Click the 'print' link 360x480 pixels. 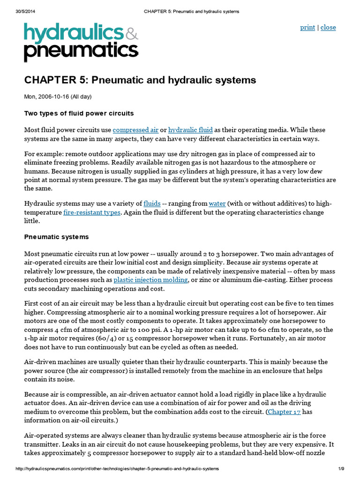pyautogui.click(x=307, y=27)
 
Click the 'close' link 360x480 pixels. pyautogui.click(x=328, y=27)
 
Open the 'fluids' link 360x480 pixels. pyautogui.click(x=152, y=203)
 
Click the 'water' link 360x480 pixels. pyautogui.click(x=217, y=203)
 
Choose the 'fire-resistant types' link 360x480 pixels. pyautogui.click(x=92, y=212)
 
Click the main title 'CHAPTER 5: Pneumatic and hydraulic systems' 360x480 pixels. pyautogui.click(x=140, y=80)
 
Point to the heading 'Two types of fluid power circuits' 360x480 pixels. pyautogui.click(x=79, y=113)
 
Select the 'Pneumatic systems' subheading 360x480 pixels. pyautogui.click(x=56, y=237)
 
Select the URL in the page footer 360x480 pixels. pyautogui.click(x=117, y=469)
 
